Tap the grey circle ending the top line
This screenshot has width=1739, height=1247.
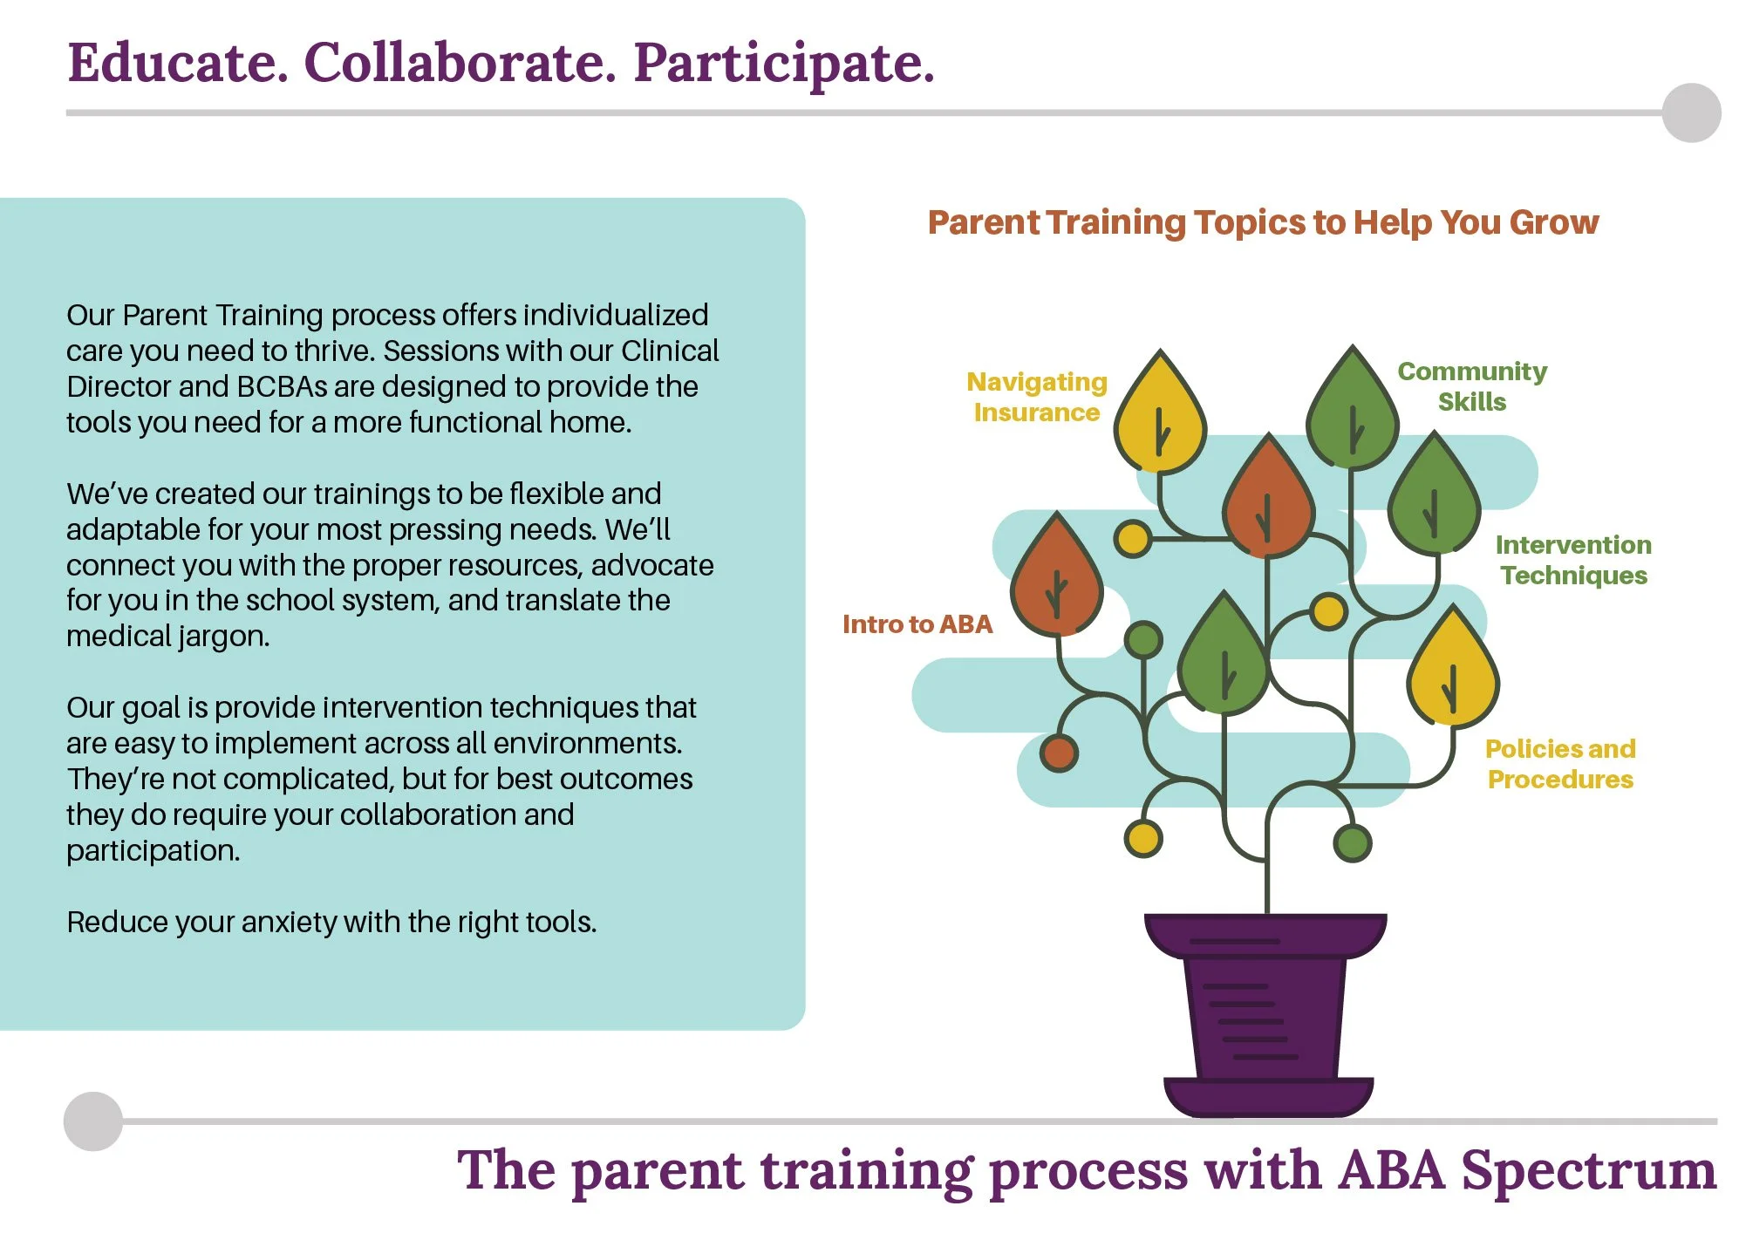click(x=1690, y=112)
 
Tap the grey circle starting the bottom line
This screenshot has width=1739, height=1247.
click(x=92, y=1121)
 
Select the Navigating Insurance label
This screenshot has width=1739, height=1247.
click(x=1036, y=397)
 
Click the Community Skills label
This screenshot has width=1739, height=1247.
click(x=1471, y=386)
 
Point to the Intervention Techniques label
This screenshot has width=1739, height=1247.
click(x=1572, y=560)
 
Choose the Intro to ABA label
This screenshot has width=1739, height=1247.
click(x=917, y=624)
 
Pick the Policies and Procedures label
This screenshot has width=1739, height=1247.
click(x=1559, y=764)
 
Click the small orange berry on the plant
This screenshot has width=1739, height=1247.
click(x=1059, y=753)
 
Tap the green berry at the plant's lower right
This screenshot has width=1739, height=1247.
click(x=1352, y=842)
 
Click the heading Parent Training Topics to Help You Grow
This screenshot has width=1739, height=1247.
click(x=1262, y=222)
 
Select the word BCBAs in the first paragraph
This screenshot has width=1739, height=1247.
click(x=281, y=386)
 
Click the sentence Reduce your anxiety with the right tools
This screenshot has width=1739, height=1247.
click(x=331, y=922)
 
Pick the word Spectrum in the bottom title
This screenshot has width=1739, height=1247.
click(x=1587, y=1170)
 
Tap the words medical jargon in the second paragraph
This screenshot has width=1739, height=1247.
click(x=167, y=637)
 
